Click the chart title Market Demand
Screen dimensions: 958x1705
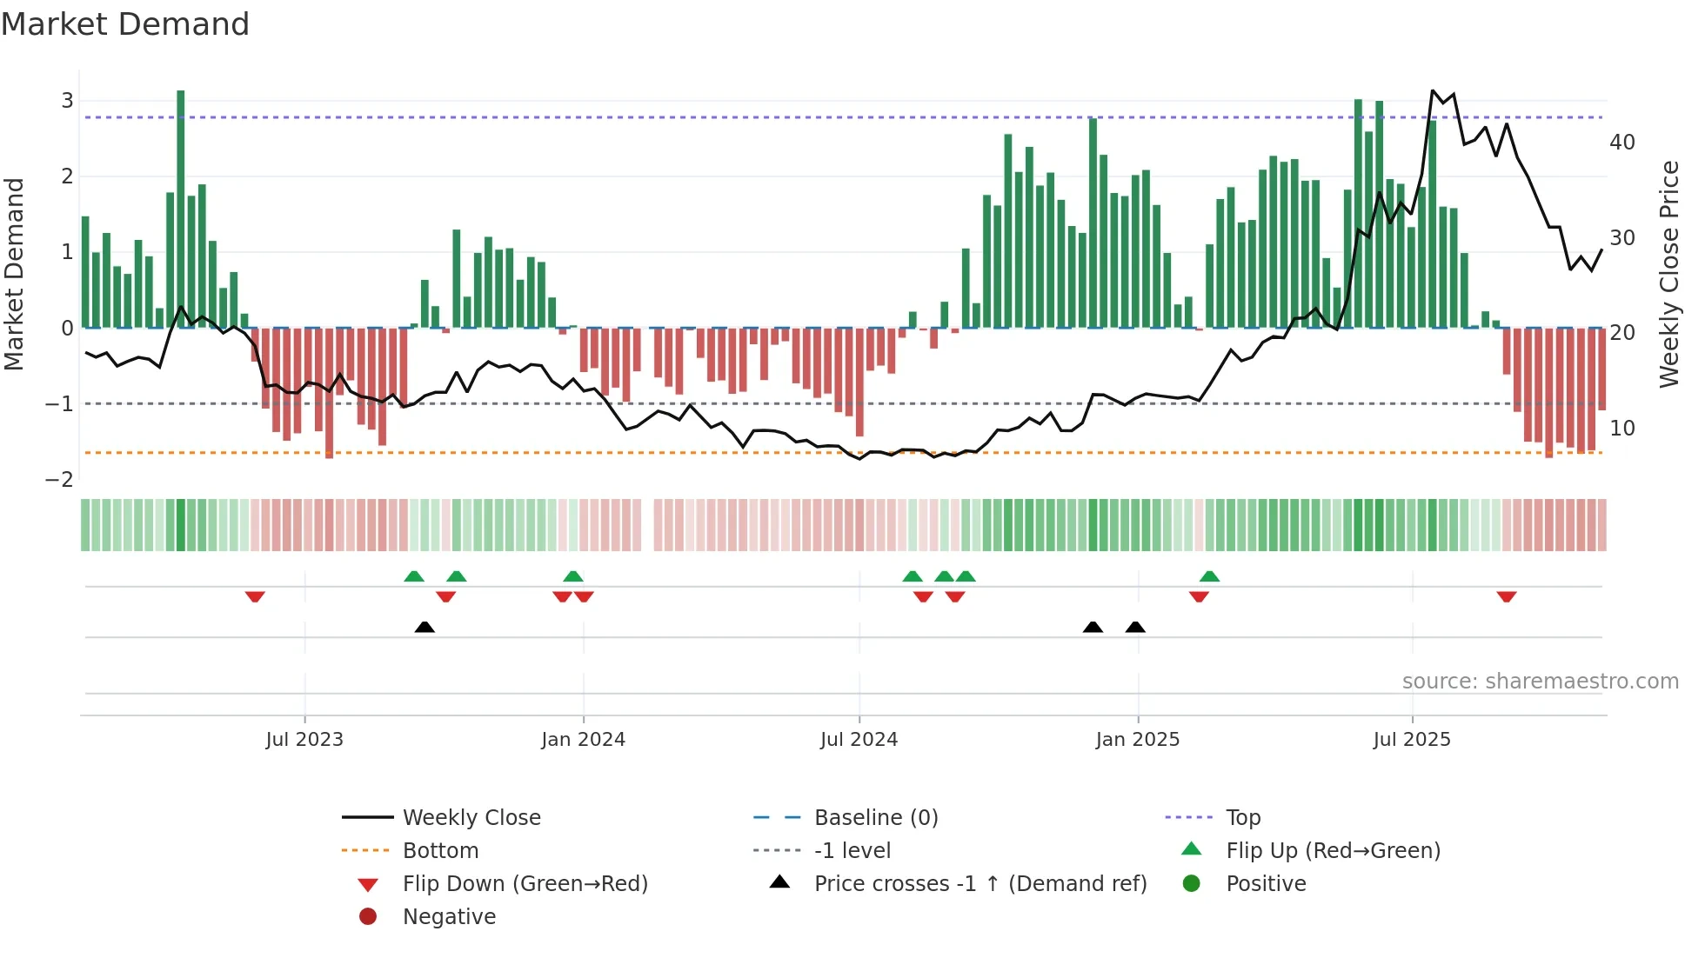[125, 24]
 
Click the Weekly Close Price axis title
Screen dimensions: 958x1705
[1668, 274]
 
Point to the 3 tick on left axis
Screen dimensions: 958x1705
[67, 101]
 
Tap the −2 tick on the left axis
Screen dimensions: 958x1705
[59, 480]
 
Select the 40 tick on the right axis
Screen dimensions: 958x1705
[1621, 143]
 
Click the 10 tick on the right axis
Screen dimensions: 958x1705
[1621, 429]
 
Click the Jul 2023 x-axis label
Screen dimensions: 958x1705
[304, 740]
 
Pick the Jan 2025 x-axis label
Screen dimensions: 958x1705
[1137, 740]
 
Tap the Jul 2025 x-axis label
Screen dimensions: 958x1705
[1411, 740]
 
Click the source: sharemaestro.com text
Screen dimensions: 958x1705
[1540, 682]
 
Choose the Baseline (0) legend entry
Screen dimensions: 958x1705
[875, 818]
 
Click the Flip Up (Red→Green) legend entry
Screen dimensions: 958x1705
[1333, 851]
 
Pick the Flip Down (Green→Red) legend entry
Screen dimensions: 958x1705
[525, 884]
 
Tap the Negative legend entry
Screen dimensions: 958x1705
[449, 917]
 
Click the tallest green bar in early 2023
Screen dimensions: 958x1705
[181, 209]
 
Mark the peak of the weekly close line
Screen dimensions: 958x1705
[1433, 90]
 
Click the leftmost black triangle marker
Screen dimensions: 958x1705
[425, 628]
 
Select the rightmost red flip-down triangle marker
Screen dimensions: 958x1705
[1507, 596]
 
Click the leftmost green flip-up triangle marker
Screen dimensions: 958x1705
[414, 576]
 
